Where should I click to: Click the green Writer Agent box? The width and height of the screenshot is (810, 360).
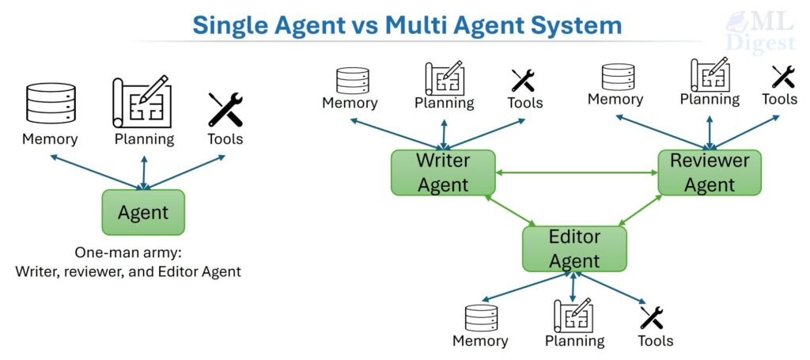tap(443, 172)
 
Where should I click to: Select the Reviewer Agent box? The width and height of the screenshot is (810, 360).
tap(710, 172)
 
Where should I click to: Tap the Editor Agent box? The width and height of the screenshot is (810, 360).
tap(574, 248)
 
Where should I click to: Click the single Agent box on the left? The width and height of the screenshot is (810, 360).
tap(143, 212)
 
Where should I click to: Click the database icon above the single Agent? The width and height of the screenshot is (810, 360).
tap(50, 103)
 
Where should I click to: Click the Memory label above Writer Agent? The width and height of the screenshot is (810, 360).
tap(350, 103)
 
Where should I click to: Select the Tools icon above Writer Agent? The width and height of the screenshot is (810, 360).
tap(524, 81)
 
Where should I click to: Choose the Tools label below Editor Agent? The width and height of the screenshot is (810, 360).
tap(655, 341)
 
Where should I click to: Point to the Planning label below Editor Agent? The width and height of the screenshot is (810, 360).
tap(574, 341)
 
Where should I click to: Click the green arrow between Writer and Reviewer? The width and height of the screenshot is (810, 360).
tap(577, 172)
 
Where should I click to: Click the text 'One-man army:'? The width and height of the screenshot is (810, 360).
tap(127, 254)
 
